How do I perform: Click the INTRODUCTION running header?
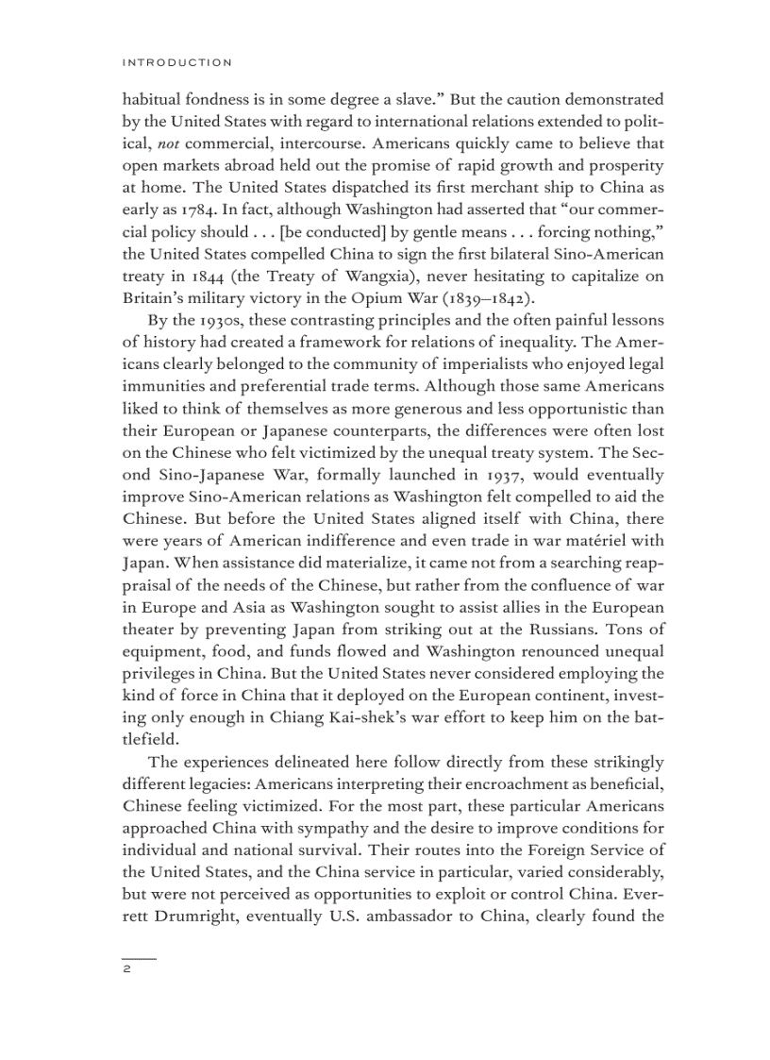[176, 62]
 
